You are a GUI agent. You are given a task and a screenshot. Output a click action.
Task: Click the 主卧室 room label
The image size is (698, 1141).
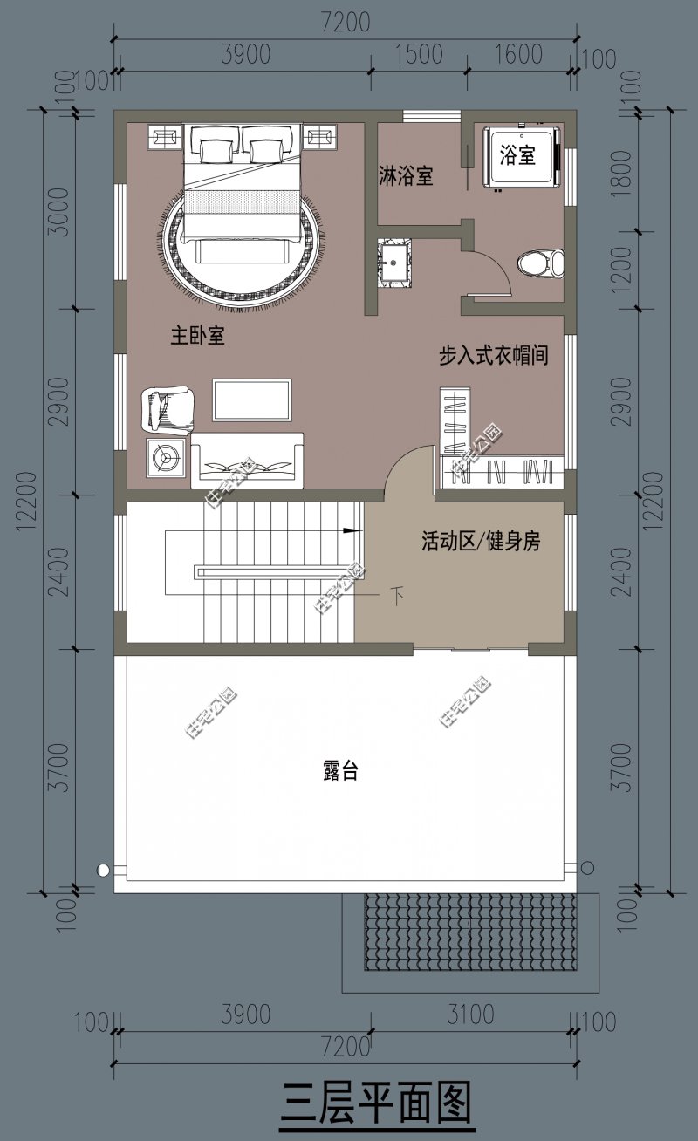click(x=198, y=336)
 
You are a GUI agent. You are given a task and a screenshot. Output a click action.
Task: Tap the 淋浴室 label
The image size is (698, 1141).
click(x=406, y=175)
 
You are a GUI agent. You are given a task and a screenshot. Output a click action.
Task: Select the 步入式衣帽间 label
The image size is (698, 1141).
click(x=494, y=355)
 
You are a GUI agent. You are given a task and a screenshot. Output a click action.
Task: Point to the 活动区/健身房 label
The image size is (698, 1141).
click(x=481, y=541)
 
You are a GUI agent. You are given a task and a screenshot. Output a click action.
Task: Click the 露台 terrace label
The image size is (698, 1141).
click(x=340, y=770)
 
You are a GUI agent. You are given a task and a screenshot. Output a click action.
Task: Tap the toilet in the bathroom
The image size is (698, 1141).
click(x=541, y=263)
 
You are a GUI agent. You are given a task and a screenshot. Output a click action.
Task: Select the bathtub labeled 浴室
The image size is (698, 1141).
click(x=523, y=157)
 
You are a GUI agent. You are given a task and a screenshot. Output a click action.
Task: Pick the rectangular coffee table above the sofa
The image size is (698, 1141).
click(x=252, y=400)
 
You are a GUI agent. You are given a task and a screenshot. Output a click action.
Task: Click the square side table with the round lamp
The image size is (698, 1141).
click(x=166, y=458)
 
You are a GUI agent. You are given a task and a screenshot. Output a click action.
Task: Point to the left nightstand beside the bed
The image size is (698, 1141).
click(x=165, y=137)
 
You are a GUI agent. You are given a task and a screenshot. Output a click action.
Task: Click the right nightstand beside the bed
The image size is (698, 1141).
click(x=321, y=137)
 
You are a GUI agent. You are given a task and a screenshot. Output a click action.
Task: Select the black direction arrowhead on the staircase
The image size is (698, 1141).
click(x=352, y=530)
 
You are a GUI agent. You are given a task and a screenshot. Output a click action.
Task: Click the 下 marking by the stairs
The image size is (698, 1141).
click(x=397, y=596)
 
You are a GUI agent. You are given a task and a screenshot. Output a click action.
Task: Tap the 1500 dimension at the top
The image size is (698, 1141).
click(x=420, y=54)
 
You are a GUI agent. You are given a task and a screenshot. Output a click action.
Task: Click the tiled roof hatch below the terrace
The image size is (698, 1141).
click(x=470, y=933)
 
